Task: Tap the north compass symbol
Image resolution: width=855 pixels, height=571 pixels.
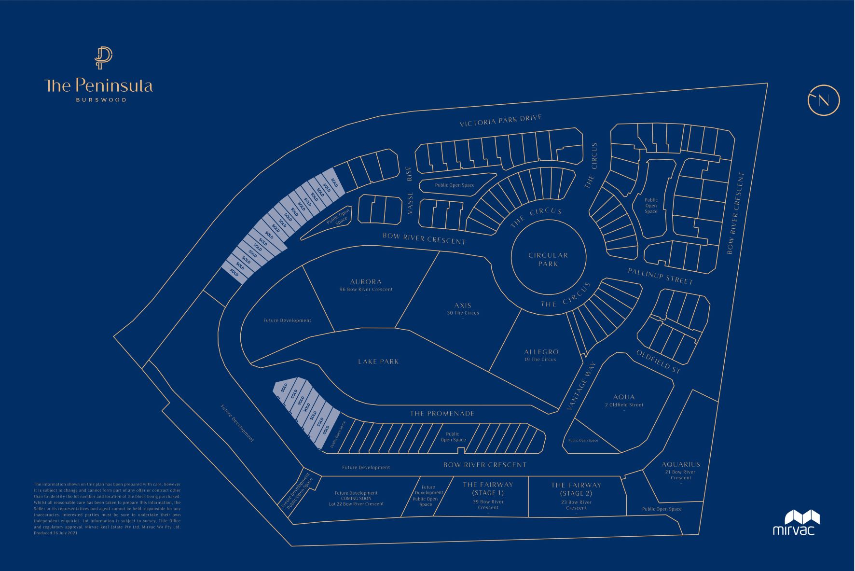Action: pos(824,100)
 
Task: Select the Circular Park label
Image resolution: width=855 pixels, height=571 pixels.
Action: pos(548,259)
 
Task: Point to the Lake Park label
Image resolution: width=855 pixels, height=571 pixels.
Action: pos(378,362)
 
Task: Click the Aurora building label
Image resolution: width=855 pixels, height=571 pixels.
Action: pos(366,282)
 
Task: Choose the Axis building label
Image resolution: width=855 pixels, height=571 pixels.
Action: pos(463,306)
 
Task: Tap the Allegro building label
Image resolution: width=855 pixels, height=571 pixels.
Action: pos(541,352)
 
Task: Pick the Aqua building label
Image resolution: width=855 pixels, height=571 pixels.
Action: pos(624,397)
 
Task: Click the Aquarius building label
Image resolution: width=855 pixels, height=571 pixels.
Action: pos(681,464)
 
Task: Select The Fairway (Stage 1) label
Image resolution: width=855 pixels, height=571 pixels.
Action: pos(488,489)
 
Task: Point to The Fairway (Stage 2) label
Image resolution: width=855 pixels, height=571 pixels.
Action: pos(576,489)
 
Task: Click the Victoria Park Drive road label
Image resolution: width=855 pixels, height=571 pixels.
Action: pos(500,121)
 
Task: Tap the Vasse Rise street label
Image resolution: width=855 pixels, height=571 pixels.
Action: pos(410,191)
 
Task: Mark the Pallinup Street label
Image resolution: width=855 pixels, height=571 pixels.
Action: pos(660,277)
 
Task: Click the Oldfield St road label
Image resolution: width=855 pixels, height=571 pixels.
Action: pos(658,362)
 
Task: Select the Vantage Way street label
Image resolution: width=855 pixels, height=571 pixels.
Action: pos(581,386)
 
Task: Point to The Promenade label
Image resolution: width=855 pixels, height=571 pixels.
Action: pos(442,414)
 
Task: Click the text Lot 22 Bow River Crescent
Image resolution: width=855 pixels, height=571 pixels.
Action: pos(356,504)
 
